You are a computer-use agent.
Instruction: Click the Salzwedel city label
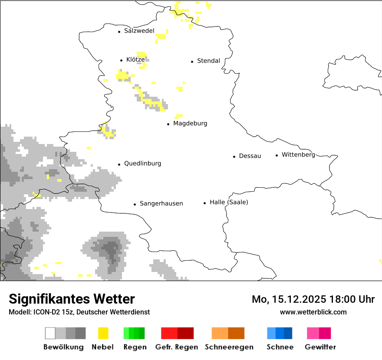139,31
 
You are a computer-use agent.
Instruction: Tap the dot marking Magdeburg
168,124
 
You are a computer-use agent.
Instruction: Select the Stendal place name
208,61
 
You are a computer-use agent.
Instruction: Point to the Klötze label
135,60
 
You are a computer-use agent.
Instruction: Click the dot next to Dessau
234,157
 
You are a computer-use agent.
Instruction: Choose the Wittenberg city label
298,155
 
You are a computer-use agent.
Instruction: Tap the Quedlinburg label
142,164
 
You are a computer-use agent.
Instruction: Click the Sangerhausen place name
161,203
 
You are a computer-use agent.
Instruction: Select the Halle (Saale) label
229,202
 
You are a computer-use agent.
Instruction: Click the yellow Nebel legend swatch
103,333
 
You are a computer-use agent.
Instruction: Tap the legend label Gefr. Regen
177,347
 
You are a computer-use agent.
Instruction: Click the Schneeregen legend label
229,347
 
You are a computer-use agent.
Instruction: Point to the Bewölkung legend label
63,347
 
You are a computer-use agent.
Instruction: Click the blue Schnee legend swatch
280,333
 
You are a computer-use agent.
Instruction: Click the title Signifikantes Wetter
72,299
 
